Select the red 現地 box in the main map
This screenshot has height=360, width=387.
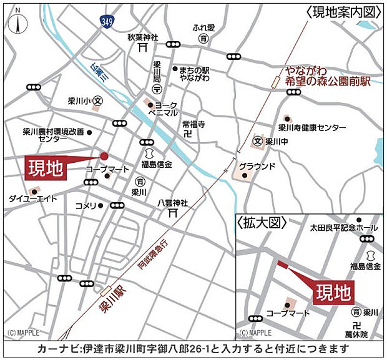click(x=46, y=169)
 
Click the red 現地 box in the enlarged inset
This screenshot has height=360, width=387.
click(x=333, y=291)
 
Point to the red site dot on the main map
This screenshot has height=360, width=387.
click(x=104, y=156)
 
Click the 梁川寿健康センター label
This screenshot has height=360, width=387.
click(x=312, y=128)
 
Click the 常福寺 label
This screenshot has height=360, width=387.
click(x=193, y=125)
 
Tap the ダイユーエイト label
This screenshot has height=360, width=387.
click(x=32, y=199)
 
